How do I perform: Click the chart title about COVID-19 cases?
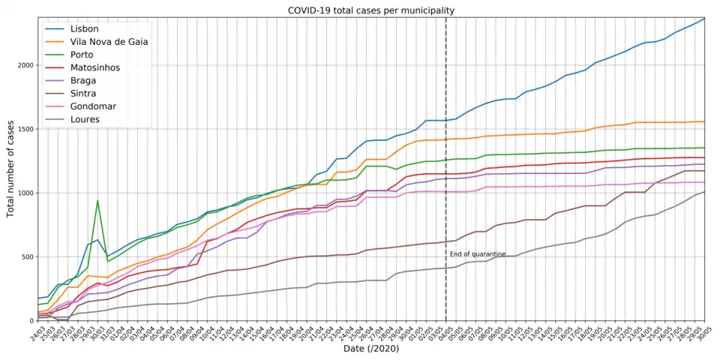371,10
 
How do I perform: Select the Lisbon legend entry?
84,28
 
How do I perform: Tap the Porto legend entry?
83,55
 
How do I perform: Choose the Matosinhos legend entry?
95,67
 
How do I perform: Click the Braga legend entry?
83,80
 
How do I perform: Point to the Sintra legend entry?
84,93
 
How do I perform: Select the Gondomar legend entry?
94,106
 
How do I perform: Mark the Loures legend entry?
85,119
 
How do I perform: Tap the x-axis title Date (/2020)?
371,349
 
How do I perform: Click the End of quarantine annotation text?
478,254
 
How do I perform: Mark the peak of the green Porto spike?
97,200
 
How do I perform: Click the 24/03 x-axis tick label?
37,331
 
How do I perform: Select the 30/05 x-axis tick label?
703,331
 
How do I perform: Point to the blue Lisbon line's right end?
704,19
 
